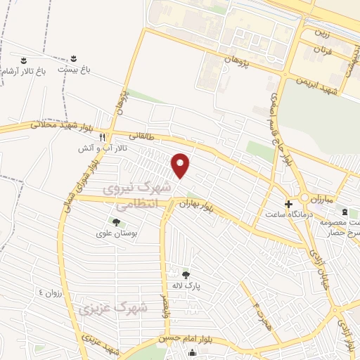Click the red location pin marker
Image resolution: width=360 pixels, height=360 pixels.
[181, 166]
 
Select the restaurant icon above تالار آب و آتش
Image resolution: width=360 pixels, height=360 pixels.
[103, 137]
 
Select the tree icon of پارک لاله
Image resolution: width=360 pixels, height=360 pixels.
[186, 275]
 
